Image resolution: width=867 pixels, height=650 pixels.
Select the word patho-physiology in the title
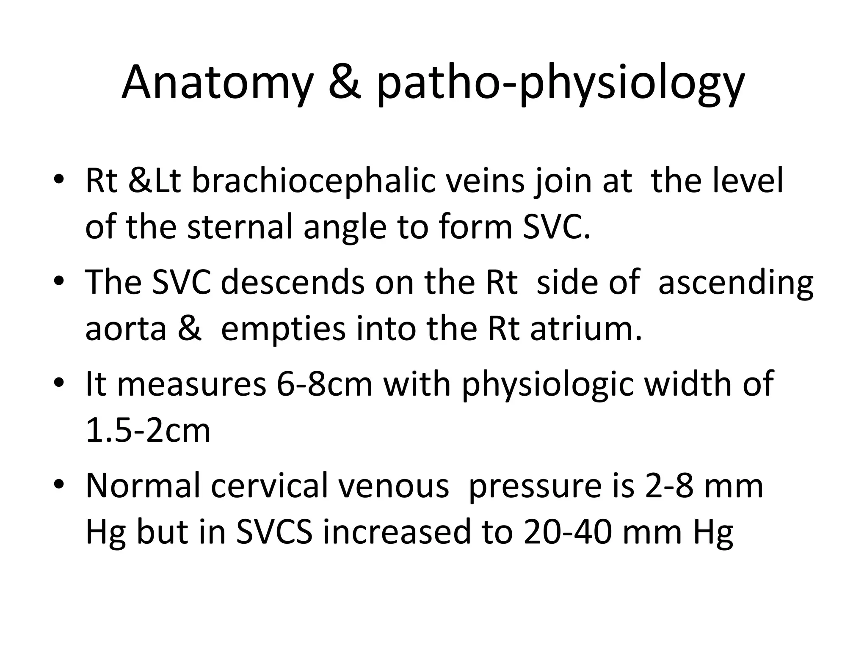tap(560, 85)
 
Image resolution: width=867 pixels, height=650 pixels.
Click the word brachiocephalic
tap(314, 181)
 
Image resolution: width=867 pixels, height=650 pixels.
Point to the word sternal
tap(240, 227)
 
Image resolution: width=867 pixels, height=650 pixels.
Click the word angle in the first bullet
tap(345, 229)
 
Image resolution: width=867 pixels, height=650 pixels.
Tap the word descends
tap(293, 282)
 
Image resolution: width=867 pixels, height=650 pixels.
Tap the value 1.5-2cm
tap(148, 431)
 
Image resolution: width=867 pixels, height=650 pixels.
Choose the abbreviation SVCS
tap(274, 532)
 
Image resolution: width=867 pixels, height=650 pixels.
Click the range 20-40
tap(567, 532)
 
